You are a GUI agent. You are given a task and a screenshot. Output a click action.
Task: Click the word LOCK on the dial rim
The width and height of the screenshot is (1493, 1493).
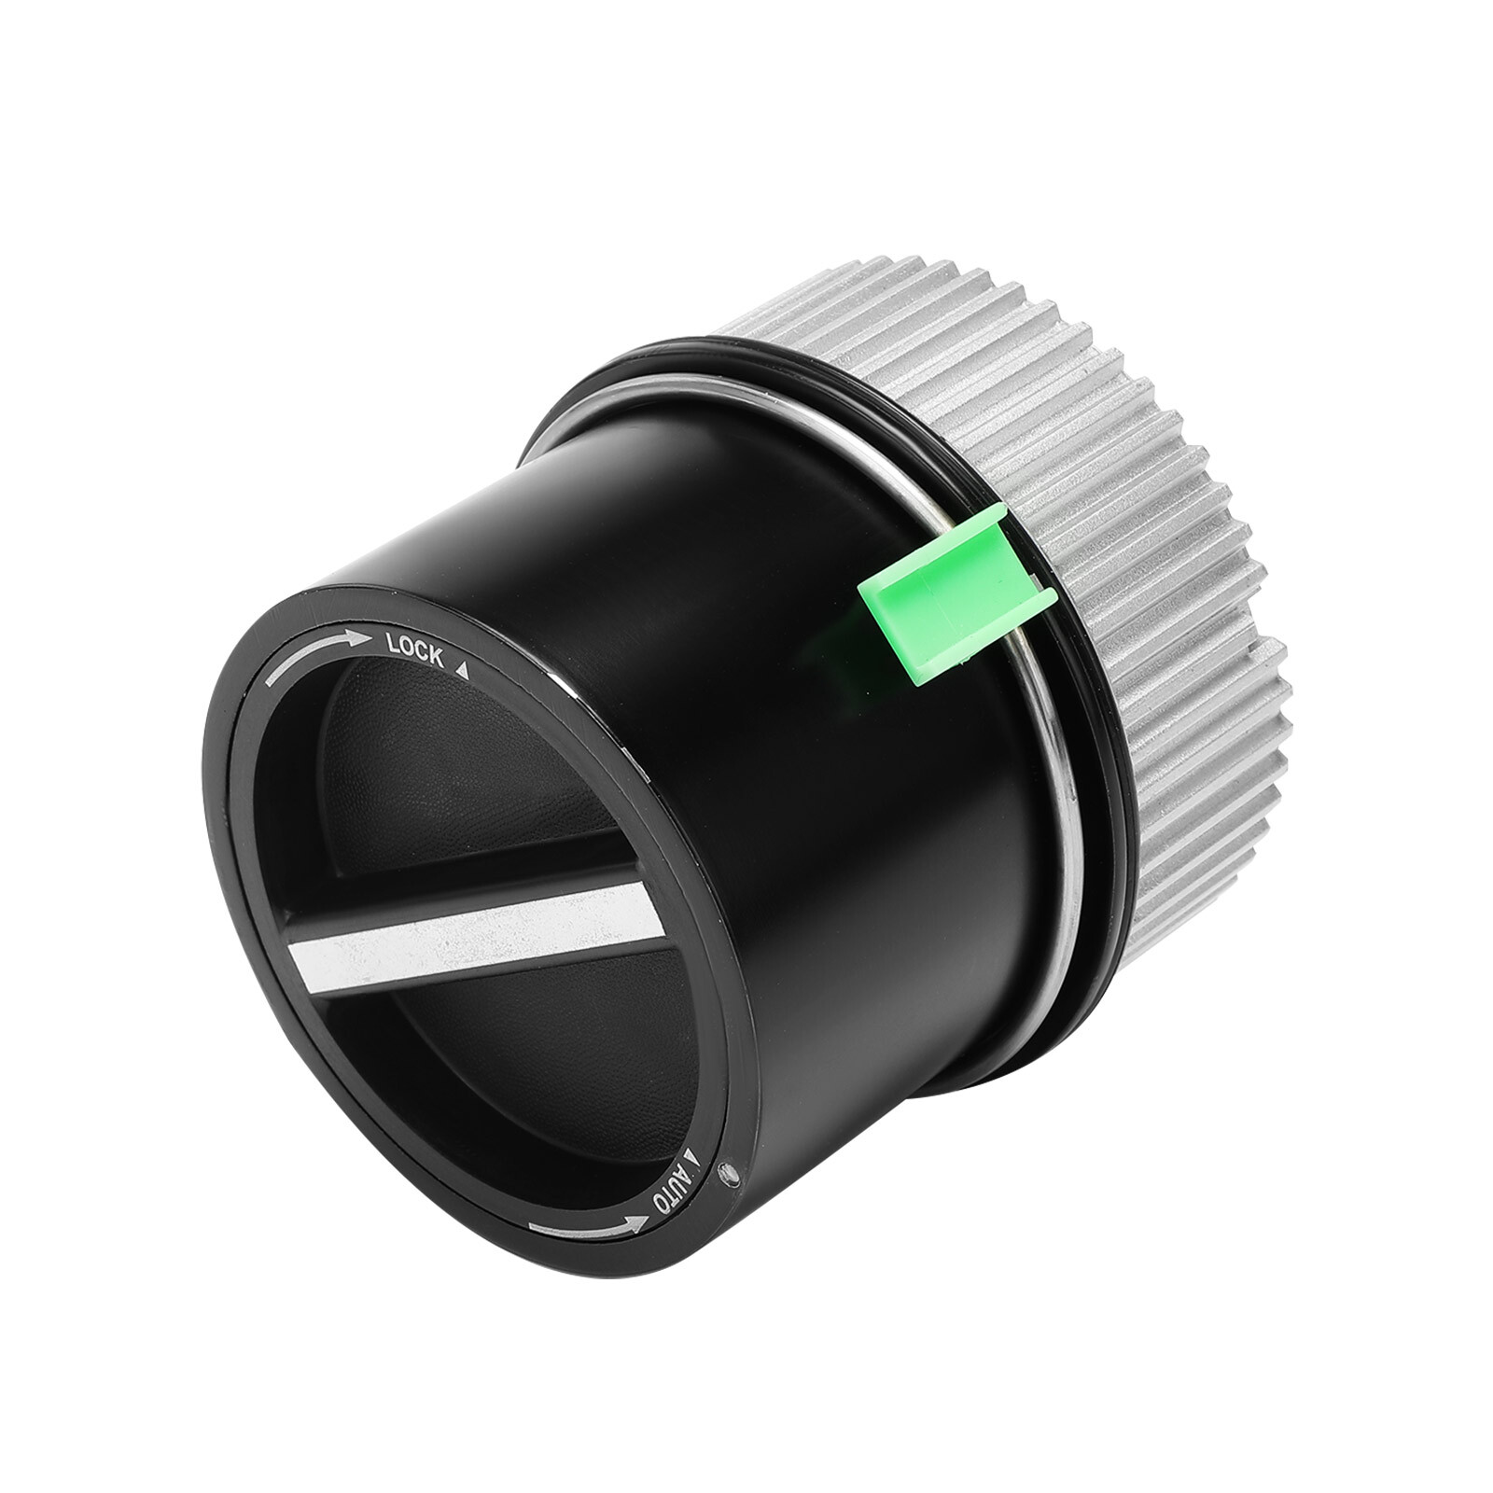point(415,650)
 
